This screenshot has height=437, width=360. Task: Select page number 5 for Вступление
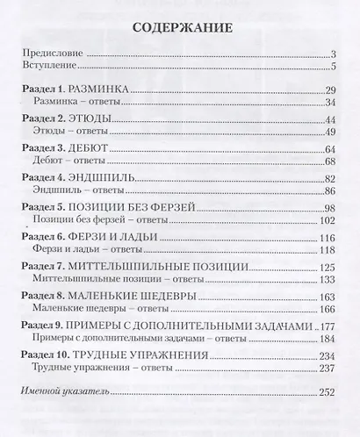[335, 67]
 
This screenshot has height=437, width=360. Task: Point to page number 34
[331, 104]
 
